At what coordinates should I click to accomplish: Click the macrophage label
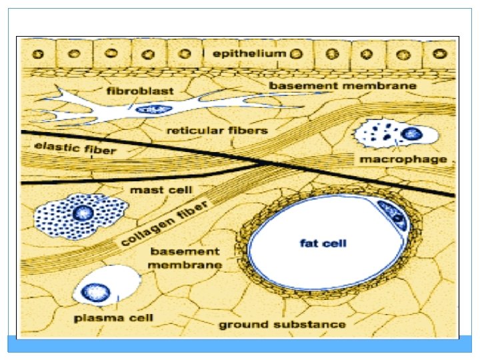pyautogui.click(x=403, y=159)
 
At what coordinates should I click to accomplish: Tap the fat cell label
pyautogui.click(x=323, y=243)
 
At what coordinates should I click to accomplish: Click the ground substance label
pyautogui.click(x=283, y=325)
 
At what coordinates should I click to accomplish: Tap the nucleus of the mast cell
pyautogui.click(x=83, y=214)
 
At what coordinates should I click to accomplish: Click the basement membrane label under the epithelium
pyautogui.click(x=342, y=85)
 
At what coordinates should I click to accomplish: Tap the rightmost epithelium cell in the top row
pyautogui.click(x=441, y=53)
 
